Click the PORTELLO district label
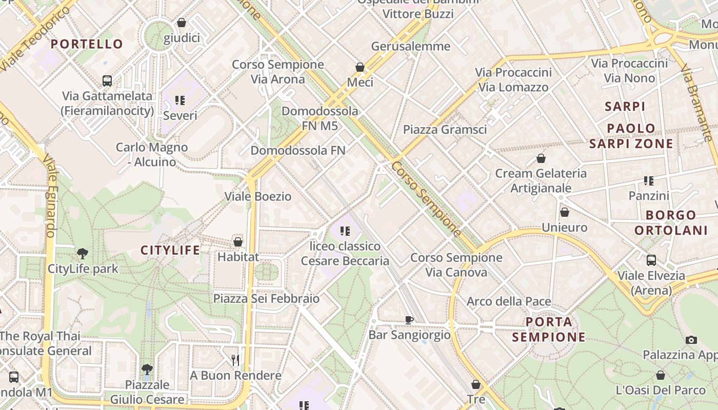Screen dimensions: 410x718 [87, 44]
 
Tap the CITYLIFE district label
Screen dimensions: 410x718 [171, 250]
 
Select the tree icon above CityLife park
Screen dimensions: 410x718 [82, 253]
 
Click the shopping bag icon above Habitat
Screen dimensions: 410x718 [238, 241]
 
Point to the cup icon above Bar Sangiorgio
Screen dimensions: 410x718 [409, 320]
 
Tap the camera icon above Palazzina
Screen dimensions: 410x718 [691, 340]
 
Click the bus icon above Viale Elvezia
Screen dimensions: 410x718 [651, 260]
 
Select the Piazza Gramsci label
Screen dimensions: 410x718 [445, 130]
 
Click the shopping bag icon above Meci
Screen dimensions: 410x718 [360, 67]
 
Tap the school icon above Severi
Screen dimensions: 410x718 [180, 100]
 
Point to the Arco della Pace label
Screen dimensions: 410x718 [509, 301]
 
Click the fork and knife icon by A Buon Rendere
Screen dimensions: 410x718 [235, 360]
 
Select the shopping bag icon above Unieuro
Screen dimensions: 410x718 [565, 212]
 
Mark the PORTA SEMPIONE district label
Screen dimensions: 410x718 [549, 330]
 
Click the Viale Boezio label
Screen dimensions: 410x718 [258, 196]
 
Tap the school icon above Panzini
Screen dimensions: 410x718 [649, 181]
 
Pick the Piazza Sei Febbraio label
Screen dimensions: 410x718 [266, 298]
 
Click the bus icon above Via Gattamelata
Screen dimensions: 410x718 [107, 81]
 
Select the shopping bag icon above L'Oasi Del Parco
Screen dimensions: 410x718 [661, 375]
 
